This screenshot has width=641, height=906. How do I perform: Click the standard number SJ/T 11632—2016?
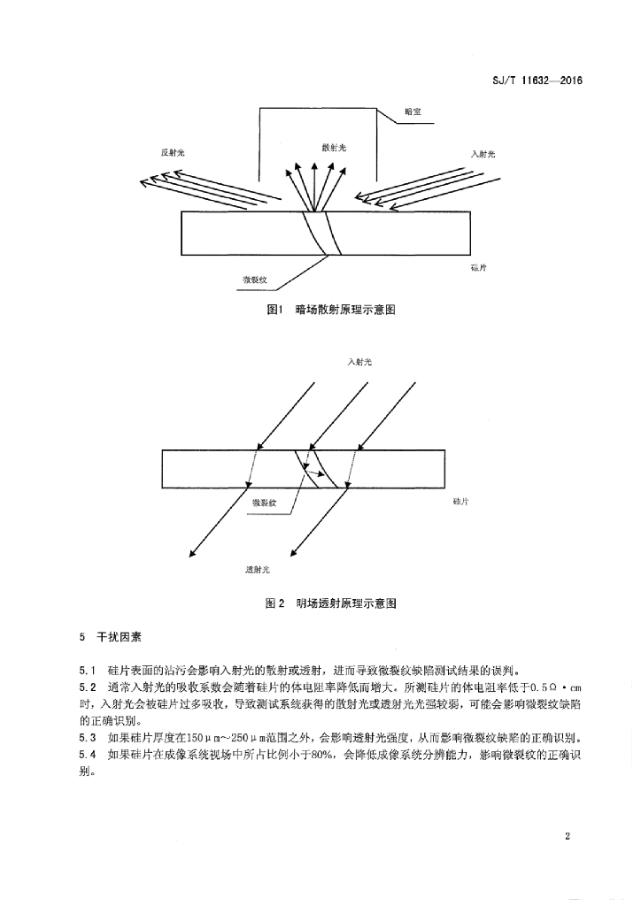(532, 81)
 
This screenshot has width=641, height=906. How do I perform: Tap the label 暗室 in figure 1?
(413, 111)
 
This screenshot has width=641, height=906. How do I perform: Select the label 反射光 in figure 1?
(173, 153)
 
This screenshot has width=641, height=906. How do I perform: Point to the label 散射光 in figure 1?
(334, 148)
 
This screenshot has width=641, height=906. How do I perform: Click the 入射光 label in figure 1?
(483, 154)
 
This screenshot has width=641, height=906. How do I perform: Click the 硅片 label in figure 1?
(479, 267)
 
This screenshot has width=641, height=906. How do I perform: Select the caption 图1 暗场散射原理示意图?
(331, 310)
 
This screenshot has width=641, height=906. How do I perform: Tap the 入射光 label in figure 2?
(359, 362)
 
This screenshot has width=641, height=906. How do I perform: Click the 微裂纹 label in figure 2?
(264, 503)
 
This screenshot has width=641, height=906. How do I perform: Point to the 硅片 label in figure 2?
(460, 502)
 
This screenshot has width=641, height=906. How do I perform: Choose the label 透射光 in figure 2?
(258, 570)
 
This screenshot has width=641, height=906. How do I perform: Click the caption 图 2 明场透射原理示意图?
(330, 603)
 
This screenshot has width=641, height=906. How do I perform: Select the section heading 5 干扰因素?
(111, 638)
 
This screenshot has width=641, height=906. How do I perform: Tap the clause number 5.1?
(87, 672)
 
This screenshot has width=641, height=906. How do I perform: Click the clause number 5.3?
(87, 738)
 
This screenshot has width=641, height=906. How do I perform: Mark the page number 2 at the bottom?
(567, 837)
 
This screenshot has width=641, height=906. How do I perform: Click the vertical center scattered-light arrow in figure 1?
(313, 186)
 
